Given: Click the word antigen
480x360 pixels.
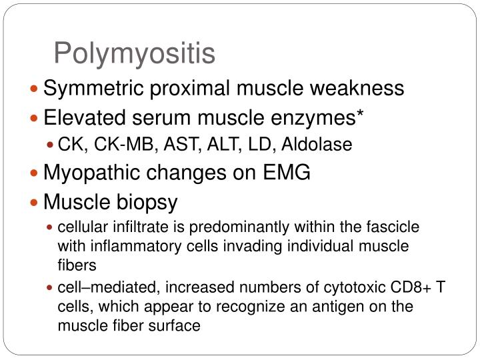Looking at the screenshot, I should (331, 307).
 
